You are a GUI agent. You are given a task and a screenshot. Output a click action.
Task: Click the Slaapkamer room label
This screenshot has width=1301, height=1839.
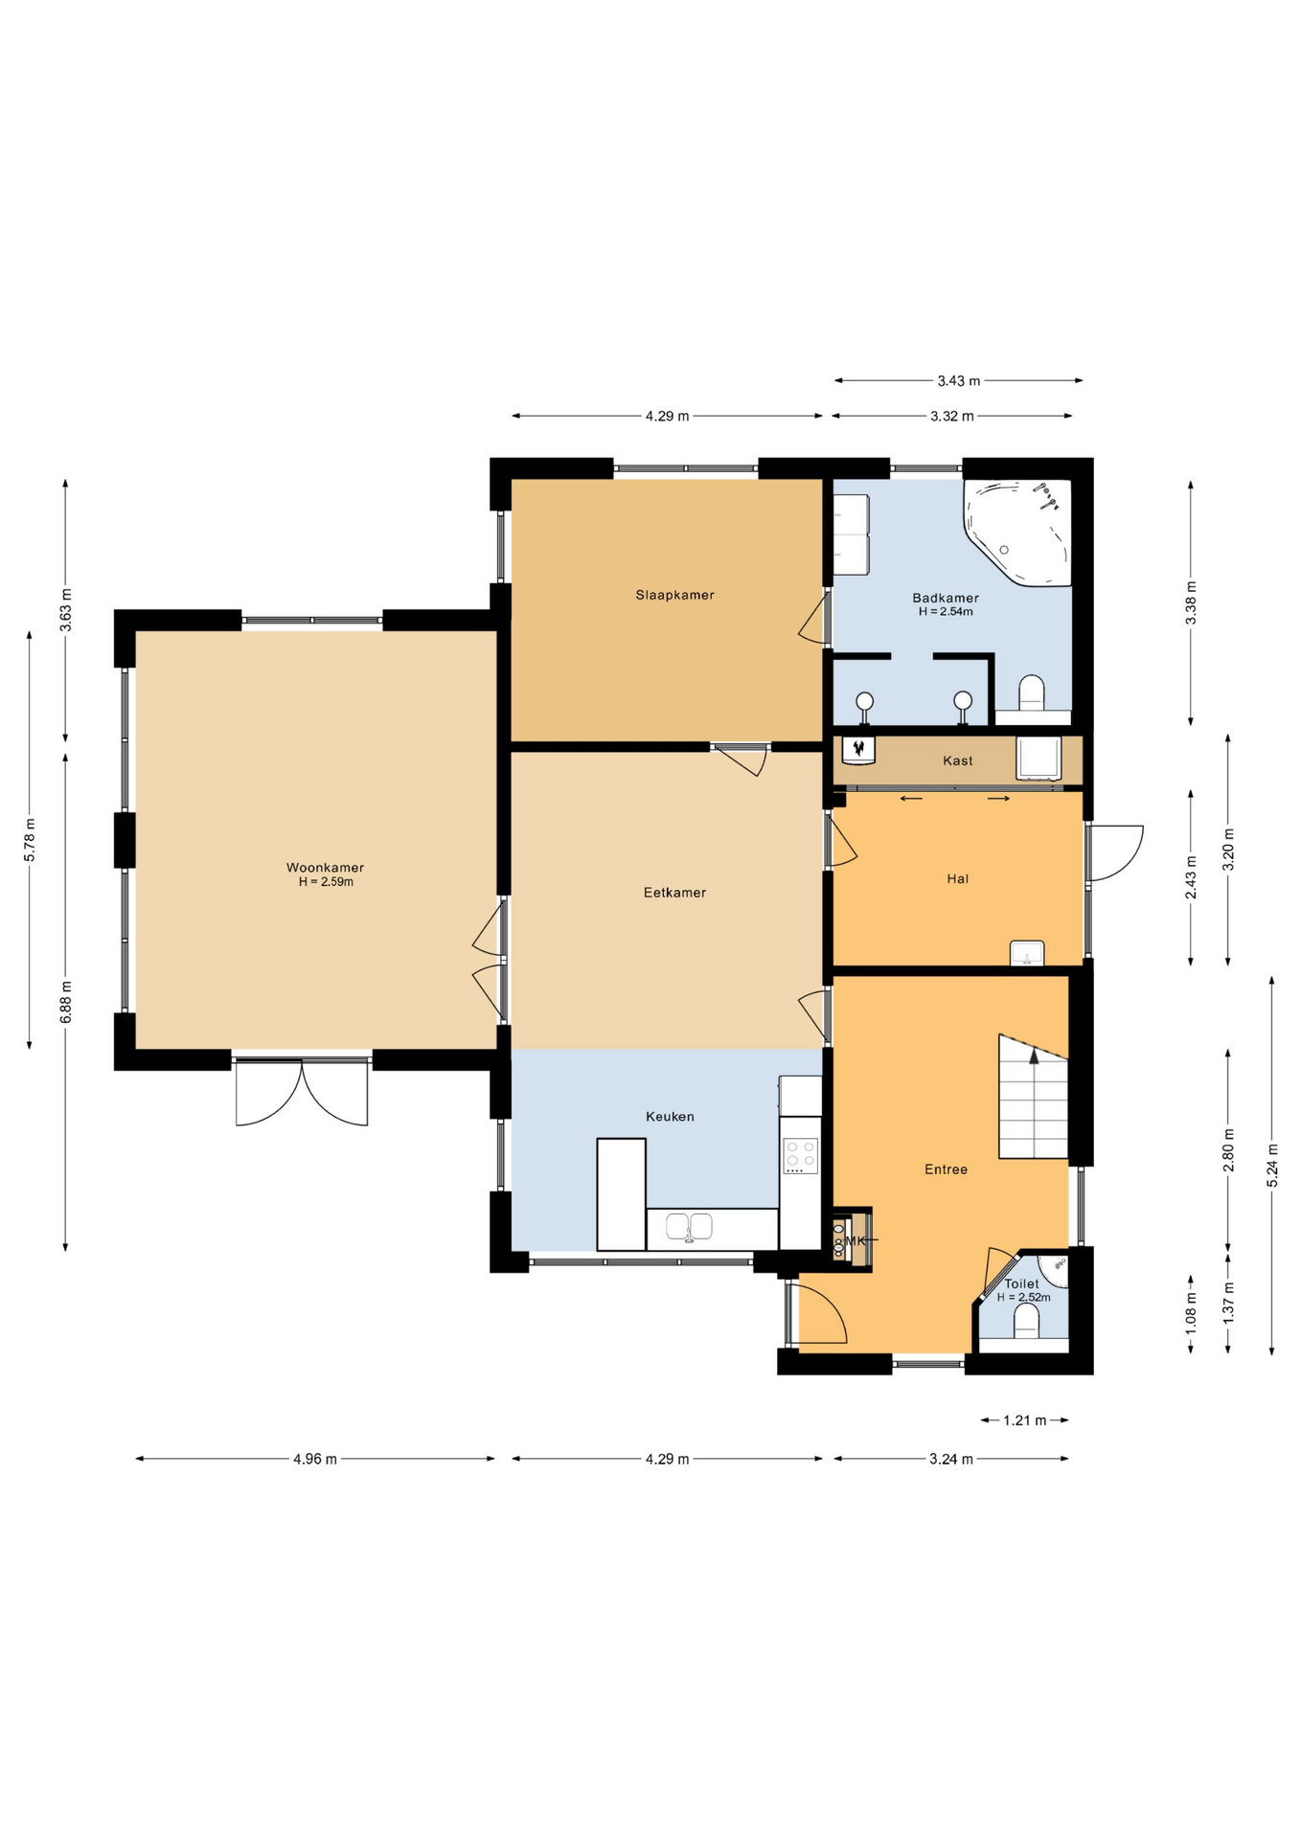coord(674,595)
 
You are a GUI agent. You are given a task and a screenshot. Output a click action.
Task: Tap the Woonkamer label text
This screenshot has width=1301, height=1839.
coord(325,868)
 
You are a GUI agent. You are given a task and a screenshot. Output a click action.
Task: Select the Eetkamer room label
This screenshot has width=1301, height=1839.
coord(674,893)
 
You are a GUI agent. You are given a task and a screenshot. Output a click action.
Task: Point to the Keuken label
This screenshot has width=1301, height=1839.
coord(670,1116)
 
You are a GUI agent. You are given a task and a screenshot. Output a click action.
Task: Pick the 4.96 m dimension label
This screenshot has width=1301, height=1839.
coord(315,1459)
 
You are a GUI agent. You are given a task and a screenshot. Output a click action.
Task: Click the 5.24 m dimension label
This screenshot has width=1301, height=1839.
coord(1272,1166)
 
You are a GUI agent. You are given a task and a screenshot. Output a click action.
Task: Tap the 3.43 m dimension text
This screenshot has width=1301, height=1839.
coord(958,381)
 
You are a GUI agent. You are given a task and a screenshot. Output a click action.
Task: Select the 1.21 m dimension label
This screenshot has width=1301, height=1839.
coord(1024,1420)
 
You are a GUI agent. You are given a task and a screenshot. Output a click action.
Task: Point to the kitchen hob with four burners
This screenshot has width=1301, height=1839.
coord(801,1156)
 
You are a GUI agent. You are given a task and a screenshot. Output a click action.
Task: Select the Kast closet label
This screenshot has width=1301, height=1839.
coord(957,761)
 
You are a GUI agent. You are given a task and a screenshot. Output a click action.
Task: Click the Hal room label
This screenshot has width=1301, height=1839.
coord(957,878)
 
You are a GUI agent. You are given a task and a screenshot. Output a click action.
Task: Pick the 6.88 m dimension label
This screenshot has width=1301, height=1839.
coord(65,1002)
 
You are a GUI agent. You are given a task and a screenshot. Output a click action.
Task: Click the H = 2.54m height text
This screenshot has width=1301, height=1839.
coord(946,611)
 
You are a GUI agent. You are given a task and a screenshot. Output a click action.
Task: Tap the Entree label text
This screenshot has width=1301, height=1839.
coord(946,1169)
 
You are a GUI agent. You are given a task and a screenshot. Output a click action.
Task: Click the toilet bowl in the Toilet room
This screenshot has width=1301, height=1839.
coord(1026,1321)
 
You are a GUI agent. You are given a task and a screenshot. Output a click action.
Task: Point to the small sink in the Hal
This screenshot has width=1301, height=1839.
coord(1027,953)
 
